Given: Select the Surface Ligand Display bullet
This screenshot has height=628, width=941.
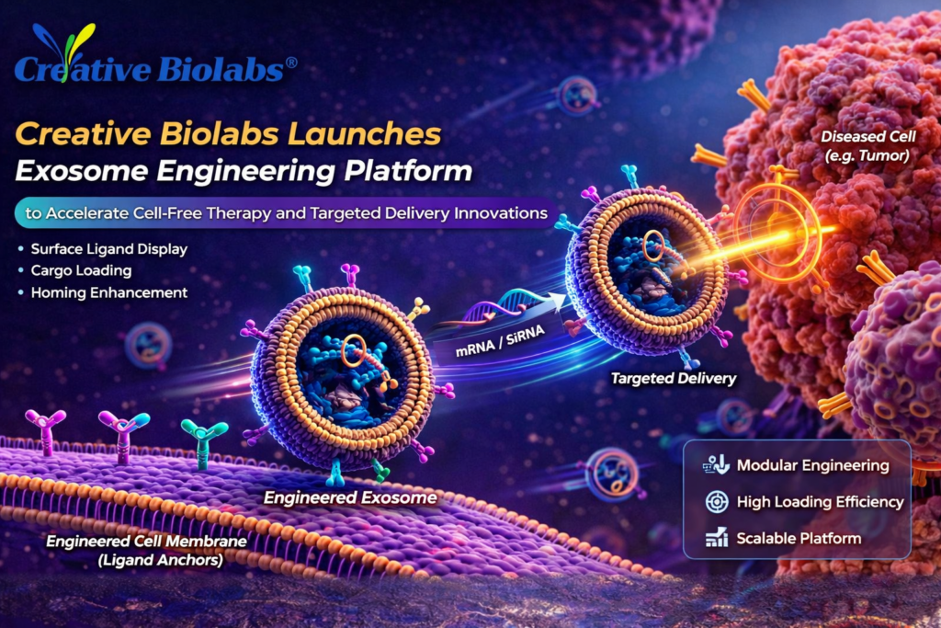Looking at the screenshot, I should [x=105, y=249].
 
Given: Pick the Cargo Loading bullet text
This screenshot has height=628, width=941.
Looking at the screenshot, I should [x=79, y=271].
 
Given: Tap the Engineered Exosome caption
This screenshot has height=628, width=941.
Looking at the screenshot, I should [x=350, y=498].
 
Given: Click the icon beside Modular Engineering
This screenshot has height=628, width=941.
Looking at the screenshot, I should [x=716, y=465].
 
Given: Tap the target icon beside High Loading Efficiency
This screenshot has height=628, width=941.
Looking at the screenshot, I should [x=716, y=502].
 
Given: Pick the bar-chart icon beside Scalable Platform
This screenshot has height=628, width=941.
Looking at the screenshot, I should [x=716, y=539].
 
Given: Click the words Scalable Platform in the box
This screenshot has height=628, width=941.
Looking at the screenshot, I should [x=799, y=539].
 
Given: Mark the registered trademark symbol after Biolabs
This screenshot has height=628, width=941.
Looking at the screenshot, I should [x=290, y=63].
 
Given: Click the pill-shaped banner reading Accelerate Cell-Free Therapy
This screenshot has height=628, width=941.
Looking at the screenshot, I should [x=279, y=212].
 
